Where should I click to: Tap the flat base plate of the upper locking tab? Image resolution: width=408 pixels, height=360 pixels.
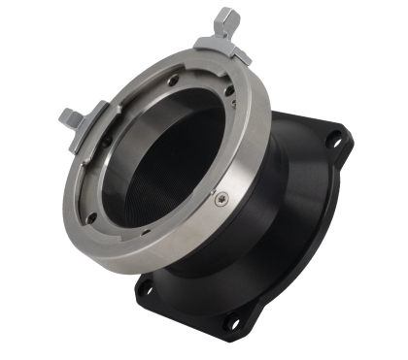221,45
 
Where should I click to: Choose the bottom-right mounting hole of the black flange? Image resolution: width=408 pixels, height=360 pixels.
233,321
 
